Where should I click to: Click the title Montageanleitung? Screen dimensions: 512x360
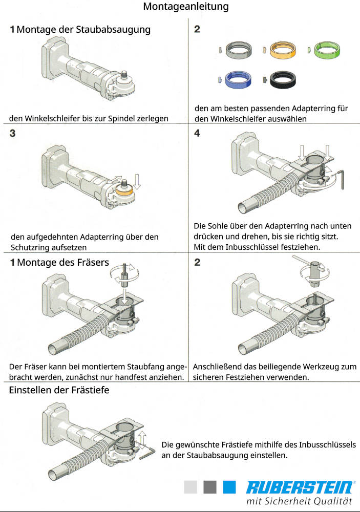(x=185, y=7)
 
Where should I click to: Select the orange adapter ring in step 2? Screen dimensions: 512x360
(x=284, y=50)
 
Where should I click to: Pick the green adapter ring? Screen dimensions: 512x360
(x=328, y=49)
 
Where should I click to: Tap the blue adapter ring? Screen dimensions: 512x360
(x=239, y=79)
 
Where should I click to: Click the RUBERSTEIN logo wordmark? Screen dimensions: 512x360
(x=299, y=487)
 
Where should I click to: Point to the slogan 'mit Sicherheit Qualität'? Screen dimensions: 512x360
(x=299, y=501)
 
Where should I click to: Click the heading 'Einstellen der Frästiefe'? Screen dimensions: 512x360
(x=59, y=390)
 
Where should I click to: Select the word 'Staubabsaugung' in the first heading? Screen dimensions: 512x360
(x=113, y=29)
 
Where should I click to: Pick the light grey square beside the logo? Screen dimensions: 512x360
(x=190, y=487)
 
